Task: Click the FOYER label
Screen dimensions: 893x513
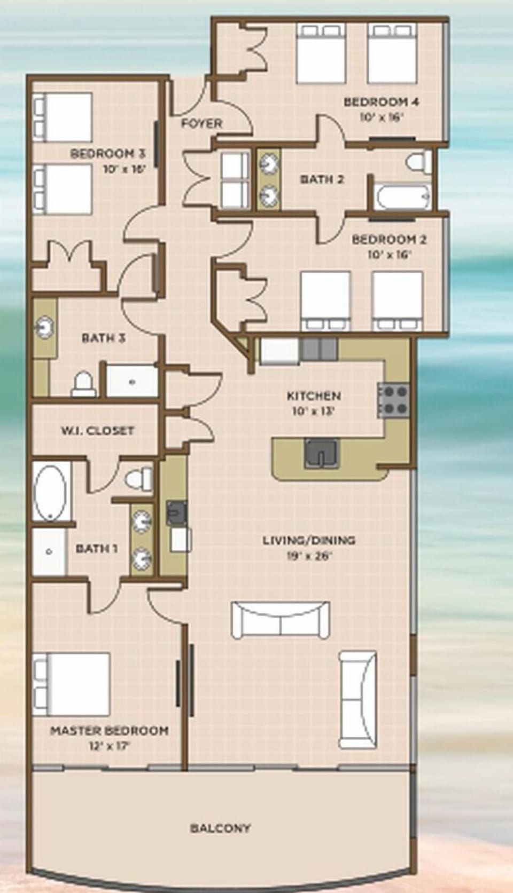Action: coord(201,123)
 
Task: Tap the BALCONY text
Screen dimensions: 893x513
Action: coord(220,828)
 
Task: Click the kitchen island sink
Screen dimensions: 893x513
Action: coord(321,453)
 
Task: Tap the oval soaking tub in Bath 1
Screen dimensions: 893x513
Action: coord(51,492)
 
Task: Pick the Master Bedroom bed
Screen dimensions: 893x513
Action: coord(72,684)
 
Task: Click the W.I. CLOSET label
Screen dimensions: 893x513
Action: coord(97,430)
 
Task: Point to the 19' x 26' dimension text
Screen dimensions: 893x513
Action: coord(309,556)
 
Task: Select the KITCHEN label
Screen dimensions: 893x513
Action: coord(314,396)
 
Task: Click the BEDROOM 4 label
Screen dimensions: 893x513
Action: coord(381,101)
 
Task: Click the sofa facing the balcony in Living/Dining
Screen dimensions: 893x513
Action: coord(280,619)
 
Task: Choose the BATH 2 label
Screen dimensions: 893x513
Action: coord(322,179)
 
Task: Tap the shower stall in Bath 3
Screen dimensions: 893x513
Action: coord(132,381)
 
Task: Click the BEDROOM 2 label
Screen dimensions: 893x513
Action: coord(388,239)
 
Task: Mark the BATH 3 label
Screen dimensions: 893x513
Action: coord(103,338)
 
